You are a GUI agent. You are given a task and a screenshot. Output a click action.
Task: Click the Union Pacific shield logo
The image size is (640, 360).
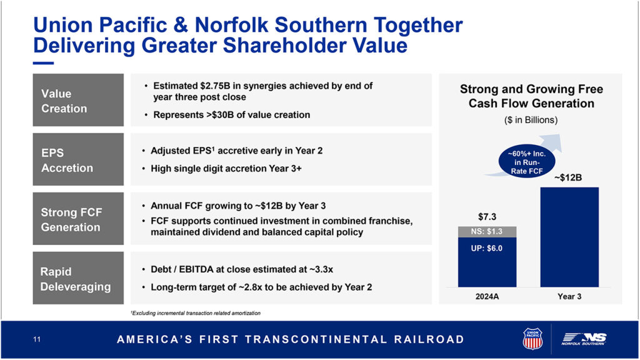[x=532, y=339]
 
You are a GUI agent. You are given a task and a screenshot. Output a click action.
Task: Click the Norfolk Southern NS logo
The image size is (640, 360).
[x=584, y=339]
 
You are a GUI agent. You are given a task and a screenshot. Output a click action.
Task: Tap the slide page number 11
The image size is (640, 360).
[x=37, y=339]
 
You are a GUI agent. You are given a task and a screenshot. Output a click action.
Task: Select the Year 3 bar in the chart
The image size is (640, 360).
[x=569, y=237]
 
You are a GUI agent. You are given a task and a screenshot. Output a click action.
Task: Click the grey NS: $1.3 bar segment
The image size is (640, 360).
[x=487, y=232]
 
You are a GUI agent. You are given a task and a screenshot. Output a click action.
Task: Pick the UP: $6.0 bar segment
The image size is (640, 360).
[x=487, y=262]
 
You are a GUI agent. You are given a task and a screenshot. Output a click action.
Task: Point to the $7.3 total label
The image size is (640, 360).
[x=487, y=217]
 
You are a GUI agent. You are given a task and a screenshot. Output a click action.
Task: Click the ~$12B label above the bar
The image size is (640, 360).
[x=567, y=177]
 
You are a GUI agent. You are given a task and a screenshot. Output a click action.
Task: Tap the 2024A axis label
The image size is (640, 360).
[x=487, y=297]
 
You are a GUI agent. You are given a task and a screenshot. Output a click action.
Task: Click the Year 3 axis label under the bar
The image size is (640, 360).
[x=569, y=297]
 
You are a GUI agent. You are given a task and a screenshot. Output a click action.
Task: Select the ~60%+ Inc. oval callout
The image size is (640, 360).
[x=526, y=162]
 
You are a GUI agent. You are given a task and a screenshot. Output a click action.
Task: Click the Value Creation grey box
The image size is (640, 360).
[x=78, y=100]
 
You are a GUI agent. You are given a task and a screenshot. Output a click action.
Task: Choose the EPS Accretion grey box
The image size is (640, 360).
[x=78, y=159]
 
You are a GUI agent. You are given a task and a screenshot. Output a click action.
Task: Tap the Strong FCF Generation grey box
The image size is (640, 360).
[x=78, y=219]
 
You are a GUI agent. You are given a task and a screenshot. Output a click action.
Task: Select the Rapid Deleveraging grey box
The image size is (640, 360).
[x=78, y=278]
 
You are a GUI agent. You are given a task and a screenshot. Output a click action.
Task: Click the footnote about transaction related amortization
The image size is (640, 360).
[x=196, y=313]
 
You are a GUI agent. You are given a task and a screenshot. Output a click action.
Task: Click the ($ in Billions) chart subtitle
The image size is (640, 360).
[x=531, y=120]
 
